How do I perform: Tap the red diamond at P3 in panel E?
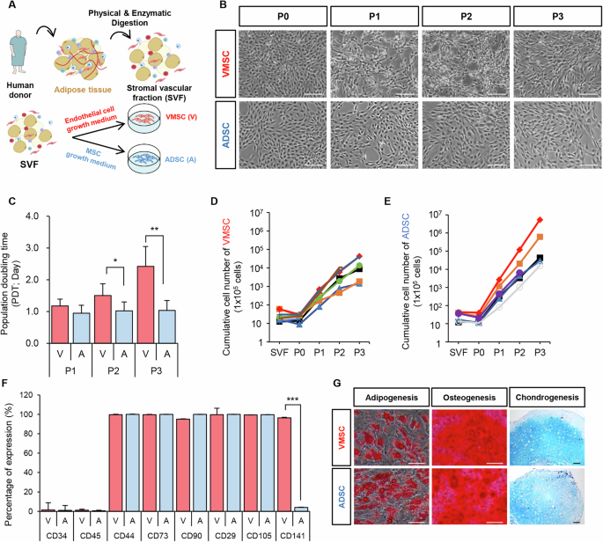[x=563, y=220]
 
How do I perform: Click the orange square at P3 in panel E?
[x=563, y=237]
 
